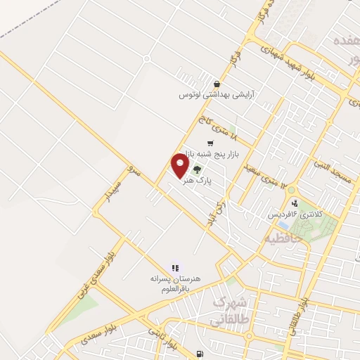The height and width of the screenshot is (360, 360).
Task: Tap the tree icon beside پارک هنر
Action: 197,169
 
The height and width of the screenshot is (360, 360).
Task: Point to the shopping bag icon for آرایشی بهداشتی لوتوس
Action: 207,84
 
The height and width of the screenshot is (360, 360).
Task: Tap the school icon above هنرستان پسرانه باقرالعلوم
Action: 175,267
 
